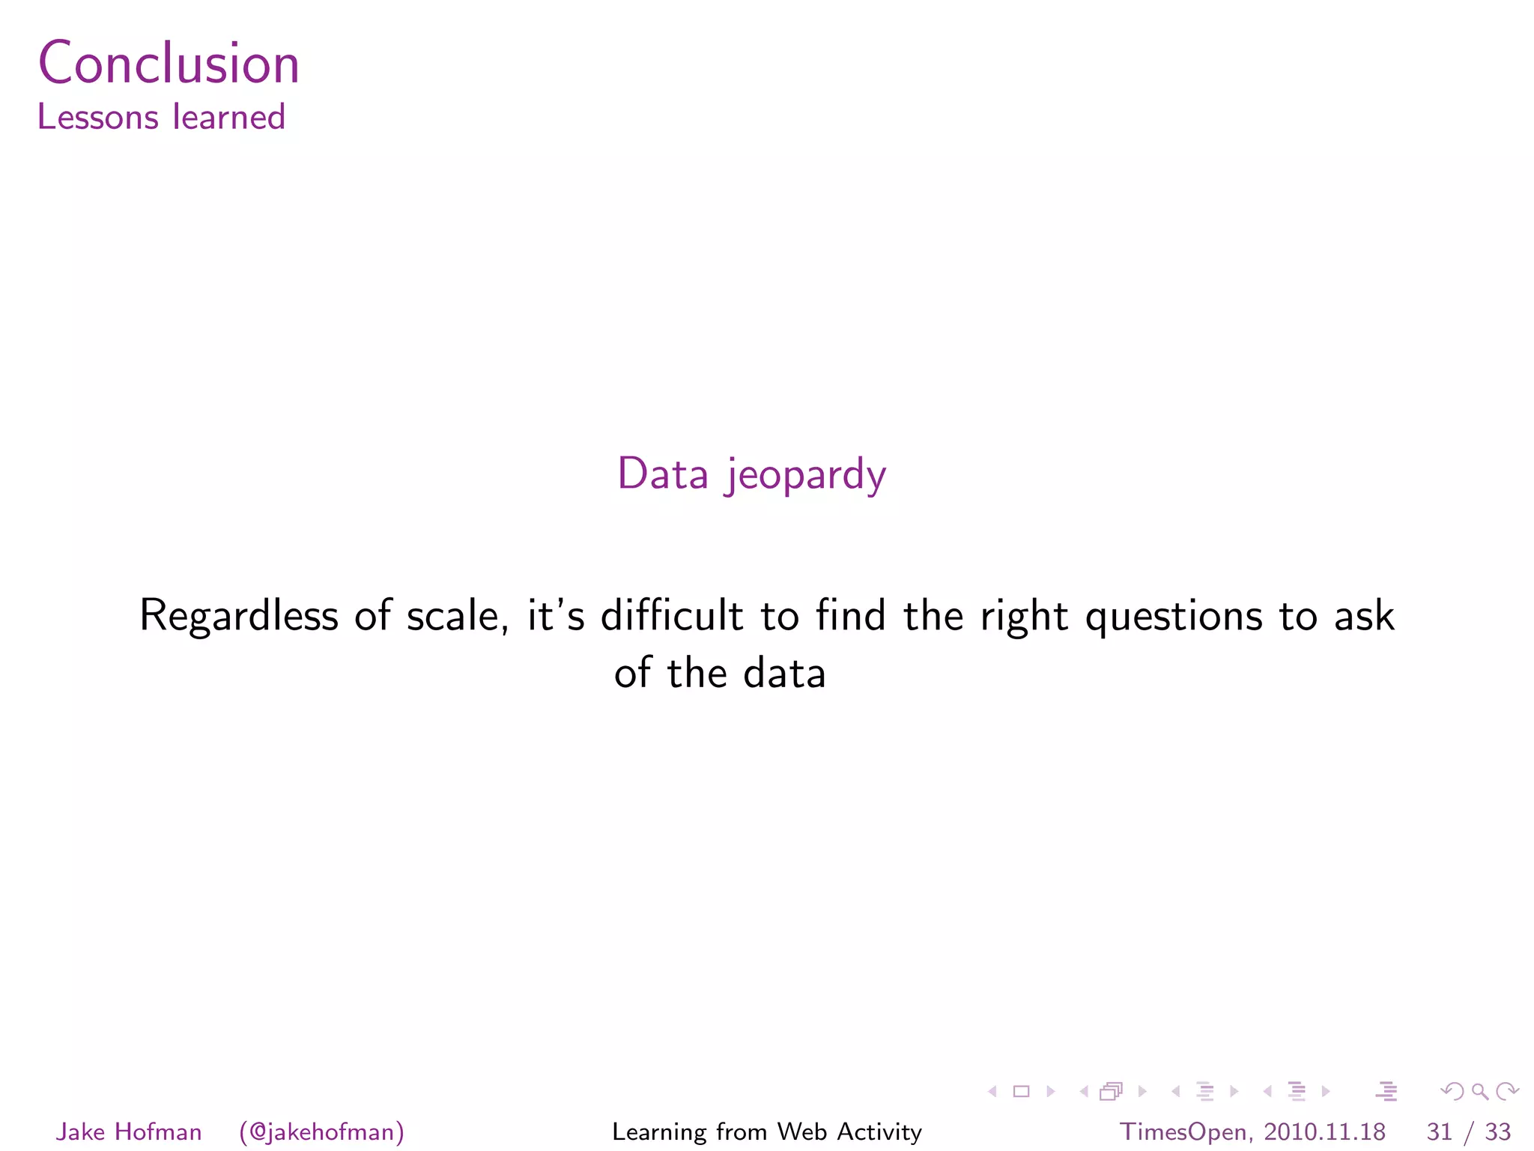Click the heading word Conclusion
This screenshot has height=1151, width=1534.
[169, 63]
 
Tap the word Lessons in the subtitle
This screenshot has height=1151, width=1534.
[98, 118]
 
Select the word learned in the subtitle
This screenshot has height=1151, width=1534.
[229, 118]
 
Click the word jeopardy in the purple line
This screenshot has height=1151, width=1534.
[805, 475]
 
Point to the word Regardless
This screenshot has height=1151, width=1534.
[239, 617]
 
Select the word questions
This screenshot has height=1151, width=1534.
[1174, 617]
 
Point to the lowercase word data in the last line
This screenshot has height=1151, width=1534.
[784, 672]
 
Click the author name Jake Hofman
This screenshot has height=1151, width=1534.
[129, 1132]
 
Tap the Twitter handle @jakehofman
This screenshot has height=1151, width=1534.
[322, 1132]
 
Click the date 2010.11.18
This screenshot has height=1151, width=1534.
[1324, 1132]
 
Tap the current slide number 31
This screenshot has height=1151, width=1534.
[1440, 1132]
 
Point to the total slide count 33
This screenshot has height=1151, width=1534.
[1497, 1132]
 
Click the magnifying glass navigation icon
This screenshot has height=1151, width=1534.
[1479, 1092]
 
